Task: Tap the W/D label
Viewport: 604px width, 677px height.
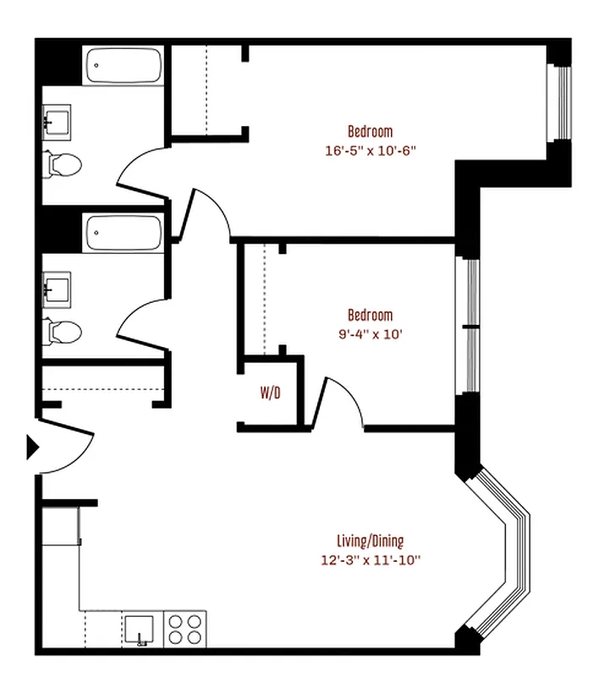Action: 271,394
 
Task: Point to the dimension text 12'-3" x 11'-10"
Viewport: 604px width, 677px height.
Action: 370,559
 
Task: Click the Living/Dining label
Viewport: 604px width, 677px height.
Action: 370,542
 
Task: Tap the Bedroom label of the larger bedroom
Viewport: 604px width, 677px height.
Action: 371,131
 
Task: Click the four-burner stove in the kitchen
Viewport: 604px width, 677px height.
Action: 185,630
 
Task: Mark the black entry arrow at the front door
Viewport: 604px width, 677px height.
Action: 33,447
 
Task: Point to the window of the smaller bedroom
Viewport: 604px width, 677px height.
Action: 468,326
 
